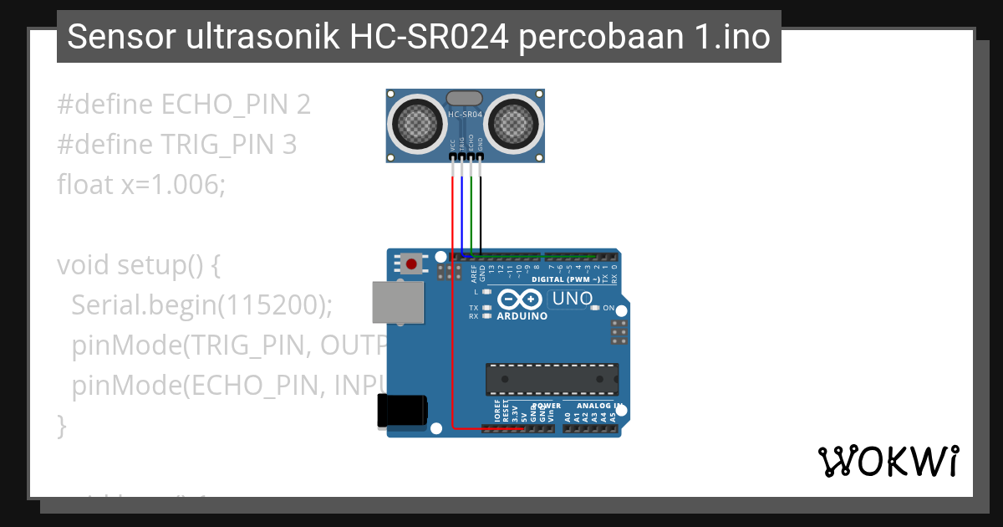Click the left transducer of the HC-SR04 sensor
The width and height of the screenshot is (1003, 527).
click(417, 124)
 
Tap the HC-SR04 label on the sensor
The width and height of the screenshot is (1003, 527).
click(466, 114)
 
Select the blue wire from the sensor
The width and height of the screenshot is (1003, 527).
click(461, 209)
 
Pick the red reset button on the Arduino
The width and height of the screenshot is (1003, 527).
click(410, 264)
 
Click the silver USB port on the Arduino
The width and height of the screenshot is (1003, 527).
click(398, 302)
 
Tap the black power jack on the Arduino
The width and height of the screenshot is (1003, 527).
click(403, 411)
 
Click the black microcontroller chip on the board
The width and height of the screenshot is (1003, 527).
click(552, 379)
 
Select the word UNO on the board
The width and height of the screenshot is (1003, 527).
click(573, 299)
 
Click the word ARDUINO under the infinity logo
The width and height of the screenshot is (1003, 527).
click(522, 317)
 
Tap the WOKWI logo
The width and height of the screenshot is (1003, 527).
click(888, 461)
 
